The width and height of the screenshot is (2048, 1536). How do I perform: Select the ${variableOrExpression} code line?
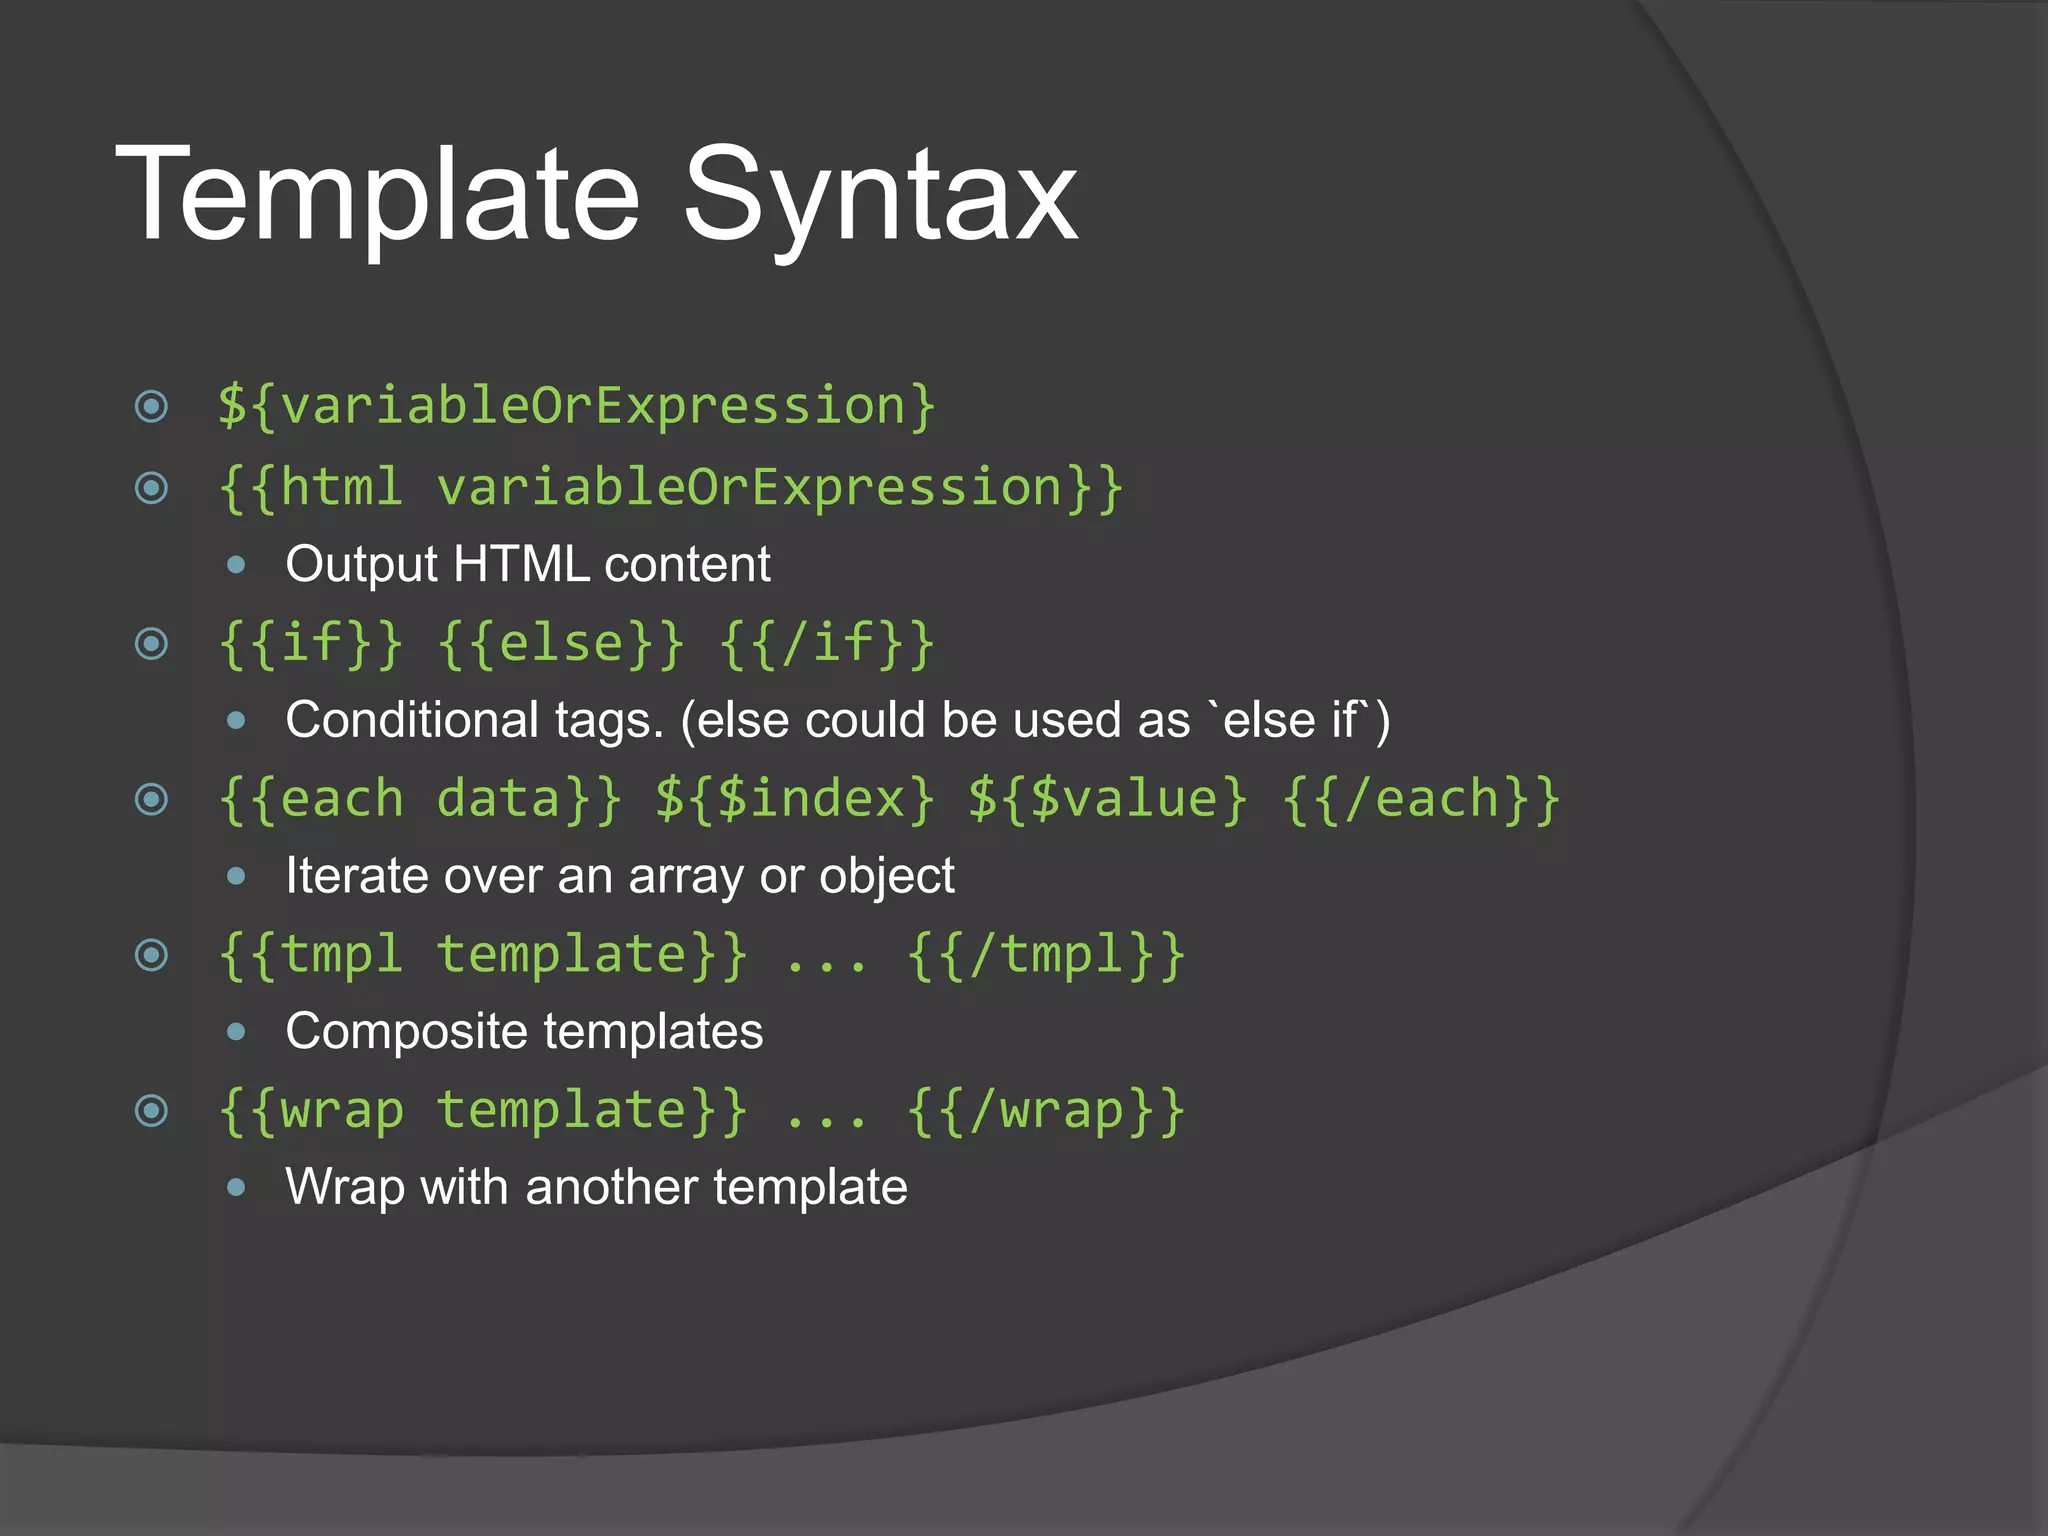[577, 407]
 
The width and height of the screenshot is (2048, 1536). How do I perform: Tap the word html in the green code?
[342, 488]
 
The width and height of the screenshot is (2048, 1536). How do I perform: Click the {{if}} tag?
[311, 644]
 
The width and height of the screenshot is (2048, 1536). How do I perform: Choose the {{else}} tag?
[561, 644]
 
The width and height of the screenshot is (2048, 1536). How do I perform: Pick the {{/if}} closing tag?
[827, 644]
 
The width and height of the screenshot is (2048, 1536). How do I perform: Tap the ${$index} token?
[795, 800]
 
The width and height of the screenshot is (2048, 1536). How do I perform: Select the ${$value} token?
[1108, 800]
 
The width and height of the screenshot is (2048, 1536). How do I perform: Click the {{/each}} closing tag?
[1421, 800]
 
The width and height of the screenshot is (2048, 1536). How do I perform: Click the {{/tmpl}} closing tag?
[1046, 955]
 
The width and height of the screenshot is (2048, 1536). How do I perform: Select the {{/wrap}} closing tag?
[1046, 1111]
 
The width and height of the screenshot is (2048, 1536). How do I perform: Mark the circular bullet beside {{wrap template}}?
[151, 1111]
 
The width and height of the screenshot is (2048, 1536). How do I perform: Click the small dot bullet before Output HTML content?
[236, 565]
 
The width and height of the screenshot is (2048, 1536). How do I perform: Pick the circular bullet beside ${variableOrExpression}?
[151, 407]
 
